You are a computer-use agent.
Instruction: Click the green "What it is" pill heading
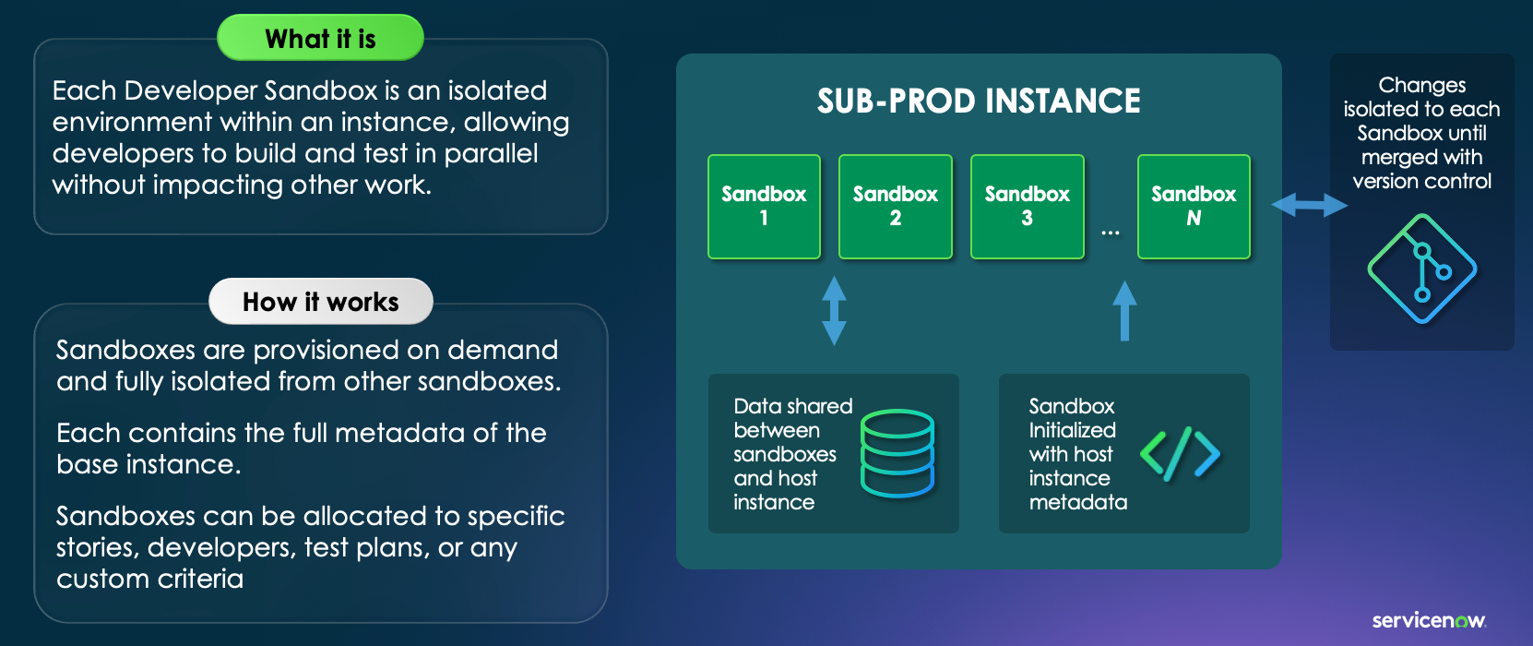[x=320, y=38]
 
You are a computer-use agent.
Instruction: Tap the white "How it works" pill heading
[x=320, y=302]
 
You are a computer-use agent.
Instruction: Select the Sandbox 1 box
[x=764, y=206]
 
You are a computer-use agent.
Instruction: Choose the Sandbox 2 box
[x=895, y=206]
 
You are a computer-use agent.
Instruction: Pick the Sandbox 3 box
[x=1028, y=206]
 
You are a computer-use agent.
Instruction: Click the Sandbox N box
[x=1194, y=206]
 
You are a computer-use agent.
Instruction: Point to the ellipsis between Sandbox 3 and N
[x=1110, y=233]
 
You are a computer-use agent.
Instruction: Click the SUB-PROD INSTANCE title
[x=979, y=101]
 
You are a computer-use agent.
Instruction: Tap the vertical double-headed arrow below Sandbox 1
[x=834, y=310]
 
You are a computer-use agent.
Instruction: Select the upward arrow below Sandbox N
[x=1124, y=311]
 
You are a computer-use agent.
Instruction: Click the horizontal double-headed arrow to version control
[x=1309, y=205]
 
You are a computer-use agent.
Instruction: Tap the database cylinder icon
[x=897, y=453]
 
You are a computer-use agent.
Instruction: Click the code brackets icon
[x=1180, y=453]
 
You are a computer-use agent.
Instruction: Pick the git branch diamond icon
[x=1422, y=269]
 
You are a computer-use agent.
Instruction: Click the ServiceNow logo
[x=1429, y=620]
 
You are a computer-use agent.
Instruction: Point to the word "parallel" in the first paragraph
[x=491, y=153]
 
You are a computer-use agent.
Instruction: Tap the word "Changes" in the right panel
[x=1422, y=85]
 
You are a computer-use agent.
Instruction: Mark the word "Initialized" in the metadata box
[x=1073, y=430]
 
